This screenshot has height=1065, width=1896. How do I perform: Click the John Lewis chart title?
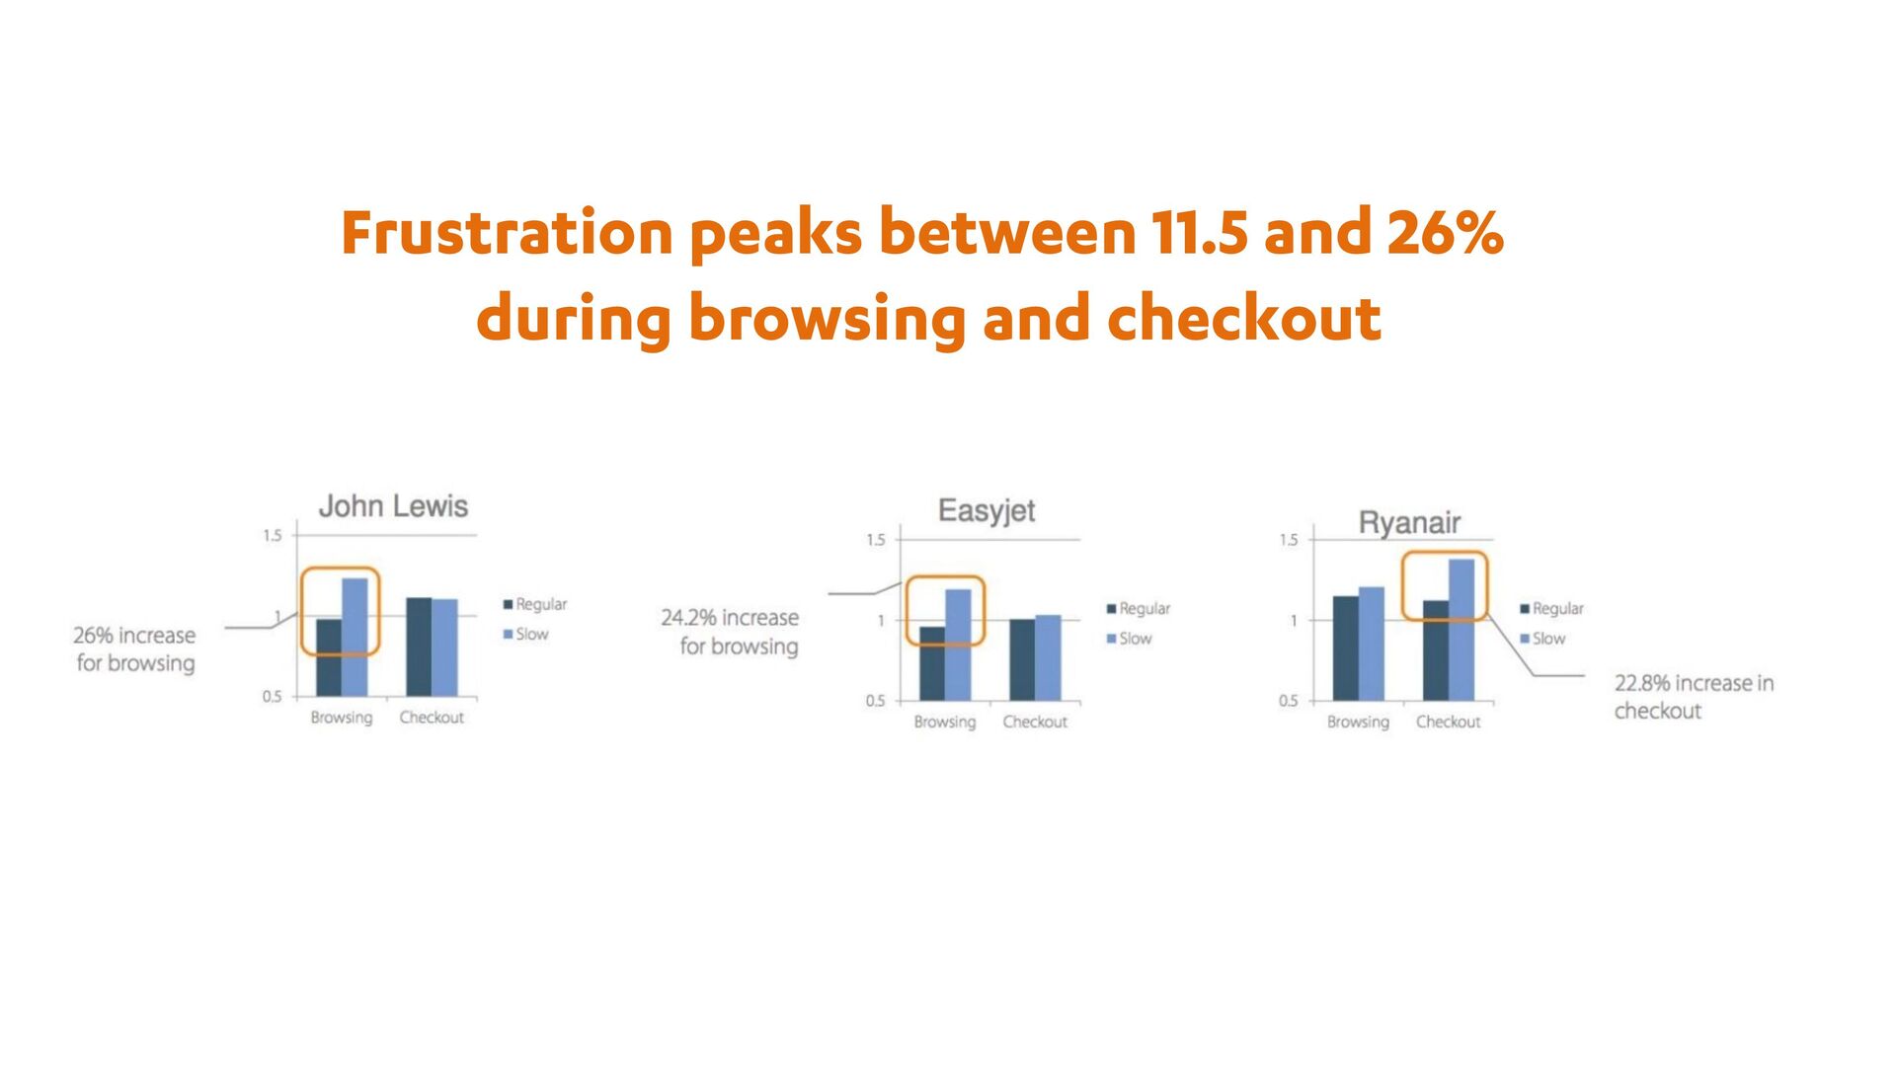tap(393, 506)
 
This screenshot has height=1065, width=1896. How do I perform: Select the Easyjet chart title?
tap(987, 511)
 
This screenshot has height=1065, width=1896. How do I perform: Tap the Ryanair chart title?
tap(1409, 522)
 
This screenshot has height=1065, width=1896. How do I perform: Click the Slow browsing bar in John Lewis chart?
tap(355, 637)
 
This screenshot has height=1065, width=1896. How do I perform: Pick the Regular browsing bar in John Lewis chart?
tap(329, 657)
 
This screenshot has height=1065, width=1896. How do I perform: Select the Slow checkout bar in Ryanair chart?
tap(1461, 630)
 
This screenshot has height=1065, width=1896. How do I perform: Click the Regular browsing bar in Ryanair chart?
tap(1346, 648)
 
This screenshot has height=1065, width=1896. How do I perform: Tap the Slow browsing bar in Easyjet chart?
tap(958, 645)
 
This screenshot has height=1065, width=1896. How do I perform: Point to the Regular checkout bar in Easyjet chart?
tap(1022, 660)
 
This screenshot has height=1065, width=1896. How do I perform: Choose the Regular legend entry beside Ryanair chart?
tap(1551, 609)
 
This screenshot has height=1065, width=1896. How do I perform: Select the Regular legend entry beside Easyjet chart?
tap(1138, 609)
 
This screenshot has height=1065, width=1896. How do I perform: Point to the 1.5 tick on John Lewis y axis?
tap(272, 535)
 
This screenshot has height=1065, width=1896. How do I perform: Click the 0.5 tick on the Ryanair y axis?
tap(1289, 701)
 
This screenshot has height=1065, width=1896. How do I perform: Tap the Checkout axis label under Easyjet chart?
tap(1035, 722)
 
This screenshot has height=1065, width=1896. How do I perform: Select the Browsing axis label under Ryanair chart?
tap(1358, 723)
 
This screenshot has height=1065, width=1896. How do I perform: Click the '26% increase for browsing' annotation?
tap(135, 649)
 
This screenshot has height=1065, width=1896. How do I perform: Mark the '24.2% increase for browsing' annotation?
tap(730, 632)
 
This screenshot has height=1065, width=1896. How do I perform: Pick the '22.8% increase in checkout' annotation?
tap(1694, 697)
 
